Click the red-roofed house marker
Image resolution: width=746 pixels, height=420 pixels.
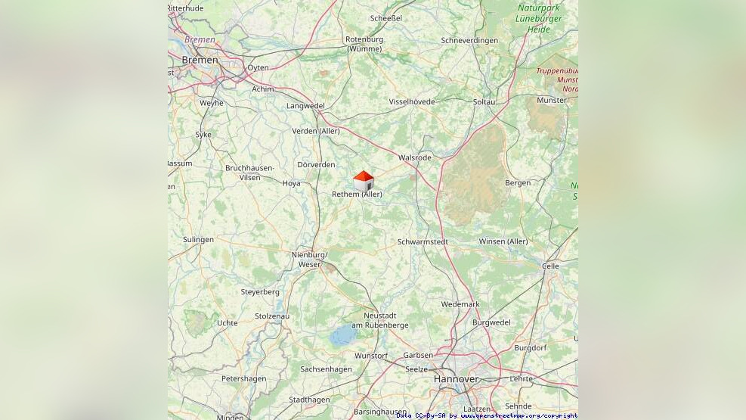tap(364, 181)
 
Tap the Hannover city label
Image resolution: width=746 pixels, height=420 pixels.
tap(456, 378)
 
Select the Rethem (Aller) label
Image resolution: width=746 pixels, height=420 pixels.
tap(357, 194)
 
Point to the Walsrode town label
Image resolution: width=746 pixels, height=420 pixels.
tap(415, 157)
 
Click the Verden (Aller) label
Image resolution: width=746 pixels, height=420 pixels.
tap(316, 131)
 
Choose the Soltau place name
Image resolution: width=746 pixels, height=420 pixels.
tap(484, 101)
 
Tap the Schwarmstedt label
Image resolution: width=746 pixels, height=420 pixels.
tap(423, 242)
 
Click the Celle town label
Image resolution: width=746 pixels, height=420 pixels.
tap(550, 266)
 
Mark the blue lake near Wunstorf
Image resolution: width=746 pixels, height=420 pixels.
tap(342, 335)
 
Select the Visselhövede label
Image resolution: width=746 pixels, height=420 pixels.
tap(412, 101)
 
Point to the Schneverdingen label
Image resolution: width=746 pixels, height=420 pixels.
tap(469, 40)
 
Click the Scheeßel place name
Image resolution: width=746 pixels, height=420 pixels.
tap(386, 18)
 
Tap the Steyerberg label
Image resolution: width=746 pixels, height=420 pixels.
tap(260, 291)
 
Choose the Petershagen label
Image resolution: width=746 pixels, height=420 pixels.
tap(243, 378)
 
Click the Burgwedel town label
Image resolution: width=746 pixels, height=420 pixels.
tap(491, 322)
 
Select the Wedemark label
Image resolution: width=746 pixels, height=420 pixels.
tap(460, 304)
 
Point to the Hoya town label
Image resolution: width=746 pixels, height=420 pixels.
tap(291, 183)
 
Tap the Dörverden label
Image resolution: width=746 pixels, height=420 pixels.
tap(316, 164)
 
